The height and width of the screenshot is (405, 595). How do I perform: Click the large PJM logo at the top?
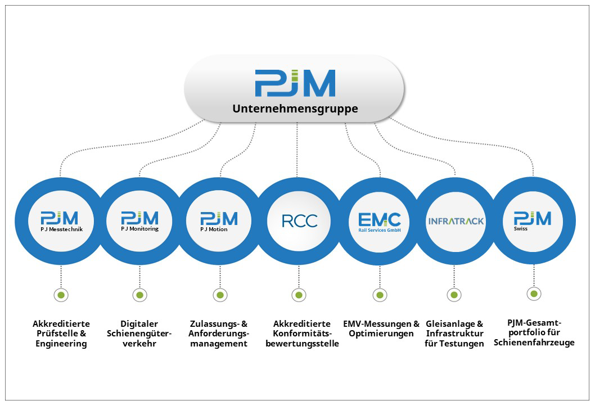(x=295, y=83)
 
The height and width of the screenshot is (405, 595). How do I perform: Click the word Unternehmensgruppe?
(x=295, y=109)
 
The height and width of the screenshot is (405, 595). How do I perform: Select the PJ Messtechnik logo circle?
(x=60, y=222)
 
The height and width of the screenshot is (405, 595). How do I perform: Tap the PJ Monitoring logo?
(x=139, y=222)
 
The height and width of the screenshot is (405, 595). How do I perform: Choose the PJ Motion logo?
(x=219, y=222)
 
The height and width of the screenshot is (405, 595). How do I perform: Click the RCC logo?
(x=299, y=221)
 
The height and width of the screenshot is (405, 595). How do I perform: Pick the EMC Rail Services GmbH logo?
(x=380, y=222)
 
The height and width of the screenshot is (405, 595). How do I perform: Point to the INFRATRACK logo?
(x=456, y=221)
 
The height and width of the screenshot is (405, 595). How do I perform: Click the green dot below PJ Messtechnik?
(x=61, y=295)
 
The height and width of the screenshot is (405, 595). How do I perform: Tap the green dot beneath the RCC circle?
(x=299, y=295)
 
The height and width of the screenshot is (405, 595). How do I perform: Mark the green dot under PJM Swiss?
(x=534, y=294)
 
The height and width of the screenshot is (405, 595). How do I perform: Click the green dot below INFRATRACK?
(x=454, y=295)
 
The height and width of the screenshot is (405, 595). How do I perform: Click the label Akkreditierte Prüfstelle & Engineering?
(x=61, y=334)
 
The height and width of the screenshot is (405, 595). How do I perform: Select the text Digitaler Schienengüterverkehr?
(x=139, y=334)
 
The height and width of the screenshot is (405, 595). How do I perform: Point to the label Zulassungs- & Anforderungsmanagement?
(x=219, y=334)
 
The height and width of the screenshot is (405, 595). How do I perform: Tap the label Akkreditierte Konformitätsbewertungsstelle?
(x=302, y=334)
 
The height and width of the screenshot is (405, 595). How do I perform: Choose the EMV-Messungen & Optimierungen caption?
(x=381, y=328)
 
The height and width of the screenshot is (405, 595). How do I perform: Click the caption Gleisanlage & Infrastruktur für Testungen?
(x=454, y=334)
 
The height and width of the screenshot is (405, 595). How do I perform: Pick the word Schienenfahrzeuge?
(x=534, y=343)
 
